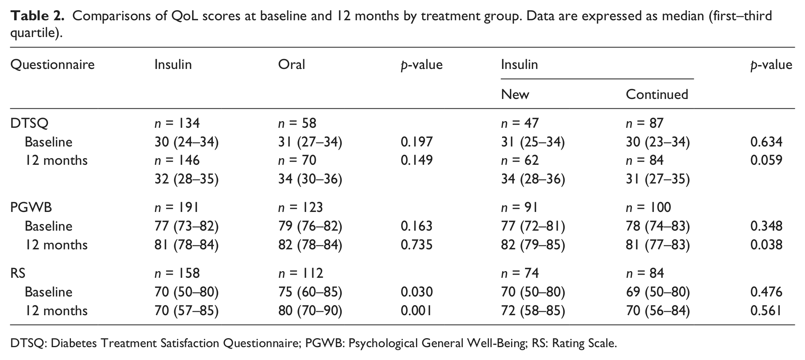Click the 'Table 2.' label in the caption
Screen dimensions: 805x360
point(37,16)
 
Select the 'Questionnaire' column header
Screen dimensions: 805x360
point(52,64)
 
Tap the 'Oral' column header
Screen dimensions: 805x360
point(291,64)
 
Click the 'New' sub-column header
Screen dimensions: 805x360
point(515,94)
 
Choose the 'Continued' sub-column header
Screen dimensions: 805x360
point(657,94)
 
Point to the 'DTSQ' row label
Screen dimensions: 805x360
point(30,124)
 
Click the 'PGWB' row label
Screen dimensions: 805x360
point(31,207)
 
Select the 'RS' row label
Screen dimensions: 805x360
point(18,273)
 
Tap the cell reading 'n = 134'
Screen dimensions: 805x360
point(177,124)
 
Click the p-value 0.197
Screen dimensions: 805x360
point(417,142)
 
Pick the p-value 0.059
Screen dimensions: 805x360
point(766,160)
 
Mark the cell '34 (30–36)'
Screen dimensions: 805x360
point(310,179)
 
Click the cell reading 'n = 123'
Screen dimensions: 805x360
point(301,207)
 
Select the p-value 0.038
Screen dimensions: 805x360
point(766,245)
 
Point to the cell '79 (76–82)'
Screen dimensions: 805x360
point(310,226)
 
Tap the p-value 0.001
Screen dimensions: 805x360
point(416,311)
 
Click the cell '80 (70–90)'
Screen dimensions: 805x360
point(310,311)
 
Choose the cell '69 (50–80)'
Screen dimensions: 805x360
point(658,292)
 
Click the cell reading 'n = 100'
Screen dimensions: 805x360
point(649,207)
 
